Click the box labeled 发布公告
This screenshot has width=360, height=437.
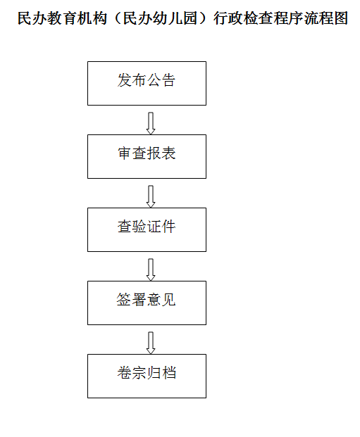point(147,83)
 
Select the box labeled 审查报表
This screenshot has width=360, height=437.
point(147,157)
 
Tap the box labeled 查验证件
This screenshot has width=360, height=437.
point(147,229)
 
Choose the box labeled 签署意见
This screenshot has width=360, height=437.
point(147,303)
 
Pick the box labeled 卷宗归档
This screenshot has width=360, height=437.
point(147,376)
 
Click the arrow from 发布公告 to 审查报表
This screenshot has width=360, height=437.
point(151,123)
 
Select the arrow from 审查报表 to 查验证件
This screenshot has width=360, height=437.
point(151,196)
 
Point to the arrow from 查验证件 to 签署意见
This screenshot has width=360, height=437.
point(151,270)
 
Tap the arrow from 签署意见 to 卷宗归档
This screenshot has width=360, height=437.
point(151,343)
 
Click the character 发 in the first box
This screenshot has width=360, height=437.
point(125,80)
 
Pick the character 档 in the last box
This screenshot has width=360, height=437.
point(169,373)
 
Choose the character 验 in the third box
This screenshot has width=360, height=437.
point(139,227)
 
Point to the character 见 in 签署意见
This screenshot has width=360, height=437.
point(169,300)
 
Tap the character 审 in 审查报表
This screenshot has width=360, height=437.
point(125,153)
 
